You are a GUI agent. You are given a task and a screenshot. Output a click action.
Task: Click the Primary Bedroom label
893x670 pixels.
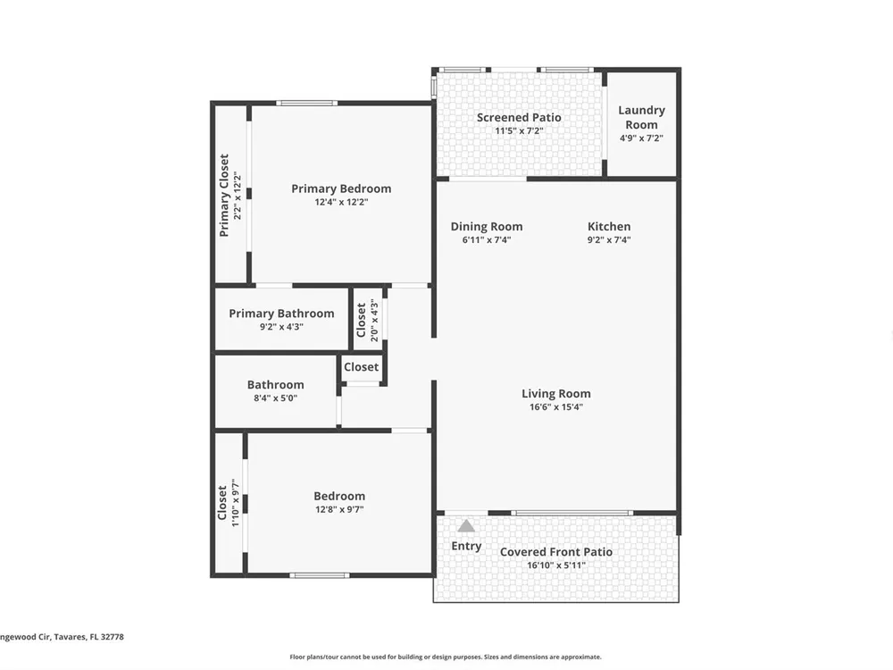(x=341, y=188)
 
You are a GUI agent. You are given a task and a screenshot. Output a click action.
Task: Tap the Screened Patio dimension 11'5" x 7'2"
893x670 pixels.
(x=519, y=130)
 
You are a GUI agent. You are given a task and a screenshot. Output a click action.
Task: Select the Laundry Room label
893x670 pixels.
(x=641, y=117)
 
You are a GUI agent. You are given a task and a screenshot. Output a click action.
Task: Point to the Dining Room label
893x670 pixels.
(x=487, y=226)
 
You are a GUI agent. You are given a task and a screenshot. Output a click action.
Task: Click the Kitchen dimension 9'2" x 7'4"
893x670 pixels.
(x=609, y=239)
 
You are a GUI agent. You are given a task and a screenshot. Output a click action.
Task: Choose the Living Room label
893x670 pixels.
(x=555, y=394)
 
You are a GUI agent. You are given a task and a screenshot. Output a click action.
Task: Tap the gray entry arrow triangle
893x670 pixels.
(x=466, y=525)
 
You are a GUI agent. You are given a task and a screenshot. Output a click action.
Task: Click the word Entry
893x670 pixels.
(x=466, y=546)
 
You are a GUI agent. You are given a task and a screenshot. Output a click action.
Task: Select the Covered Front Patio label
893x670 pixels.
(x=555, y=551)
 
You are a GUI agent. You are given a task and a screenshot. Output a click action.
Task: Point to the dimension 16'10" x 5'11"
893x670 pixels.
(x=555, y=565)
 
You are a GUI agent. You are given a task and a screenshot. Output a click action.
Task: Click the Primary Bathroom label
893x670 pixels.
(x=281, y=314)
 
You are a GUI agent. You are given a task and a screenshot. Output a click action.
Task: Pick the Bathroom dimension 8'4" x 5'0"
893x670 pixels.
(x=276, y=398)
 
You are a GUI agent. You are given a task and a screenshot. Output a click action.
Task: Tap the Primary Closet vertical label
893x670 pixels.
(x=224, y=195)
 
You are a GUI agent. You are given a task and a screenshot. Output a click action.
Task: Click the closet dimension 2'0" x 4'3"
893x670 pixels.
(x=374, y=321)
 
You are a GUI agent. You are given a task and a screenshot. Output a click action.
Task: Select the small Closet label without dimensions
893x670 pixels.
(x=361, y=367)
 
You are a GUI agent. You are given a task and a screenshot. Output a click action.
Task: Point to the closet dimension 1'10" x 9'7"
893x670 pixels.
(x=236, y=502)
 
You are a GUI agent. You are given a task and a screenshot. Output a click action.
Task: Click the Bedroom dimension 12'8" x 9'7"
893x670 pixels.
(x=339, y=509)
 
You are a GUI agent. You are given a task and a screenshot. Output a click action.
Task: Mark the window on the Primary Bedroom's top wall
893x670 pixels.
(x=307, y=103)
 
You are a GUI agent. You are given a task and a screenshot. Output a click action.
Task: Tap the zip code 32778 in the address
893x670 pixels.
(x=113, y=637)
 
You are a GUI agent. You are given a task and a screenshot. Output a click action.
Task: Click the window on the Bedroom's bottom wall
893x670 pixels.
(x=320, y=575)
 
